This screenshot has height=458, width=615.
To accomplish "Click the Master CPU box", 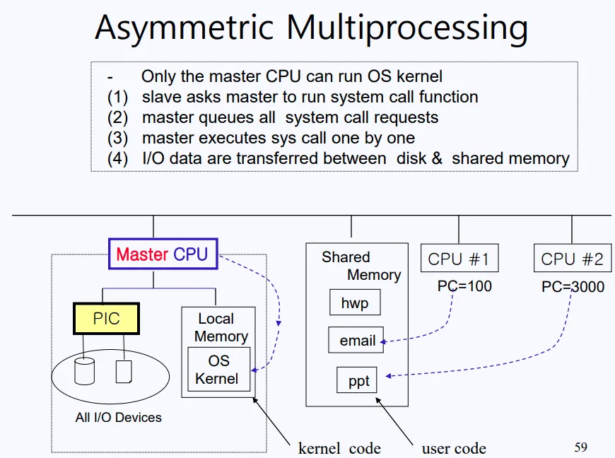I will pos(163,254).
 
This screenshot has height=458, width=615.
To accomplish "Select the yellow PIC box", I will pos(107,319).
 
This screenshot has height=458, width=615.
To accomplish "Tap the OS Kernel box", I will pos(218,369).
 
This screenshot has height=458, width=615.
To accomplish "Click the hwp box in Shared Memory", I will pos(355,304).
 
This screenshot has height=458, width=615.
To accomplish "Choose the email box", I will pos(357,341).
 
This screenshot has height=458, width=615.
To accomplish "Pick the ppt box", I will pos(358,381).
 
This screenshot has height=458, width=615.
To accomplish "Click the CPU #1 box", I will pos(458,259).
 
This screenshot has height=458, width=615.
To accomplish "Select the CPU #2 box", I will pos(572,259).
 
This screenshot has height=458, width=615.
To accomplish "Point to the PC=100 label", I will pos(464,286).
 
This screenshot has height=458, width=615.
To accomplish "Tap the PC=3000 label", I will pos(572,286).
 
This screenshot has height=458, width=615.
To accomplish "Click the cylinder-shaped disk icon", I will pos(85,370).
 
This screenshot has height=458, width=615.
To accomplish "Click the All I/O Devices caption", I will pos(118,417).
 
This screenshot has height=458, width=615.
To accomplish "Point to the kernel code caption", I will pos(339,448).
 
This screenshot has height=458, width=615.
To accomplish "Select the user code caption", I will pos(454,448).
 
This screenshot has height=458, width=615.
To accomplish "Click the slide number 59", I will pos(580,447).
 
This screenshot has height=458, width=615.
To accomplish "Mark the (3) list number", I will pos(117,138).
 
